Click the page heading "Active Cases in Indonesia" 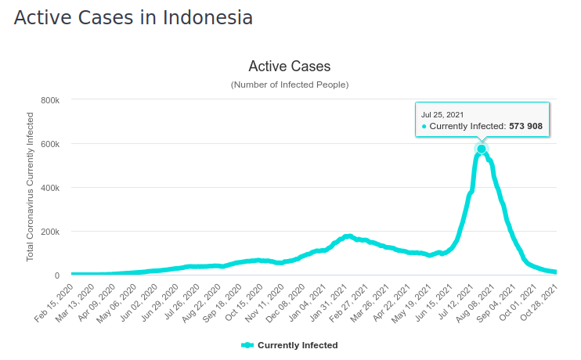point(133,18)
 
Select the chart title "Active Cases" point(290,67)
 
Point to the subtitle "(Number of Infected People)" point(290,85)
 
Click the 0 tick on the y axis point(57,275)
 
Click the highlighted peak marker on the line point(482,149)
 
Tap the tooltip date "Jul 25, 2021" point(442,114)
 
